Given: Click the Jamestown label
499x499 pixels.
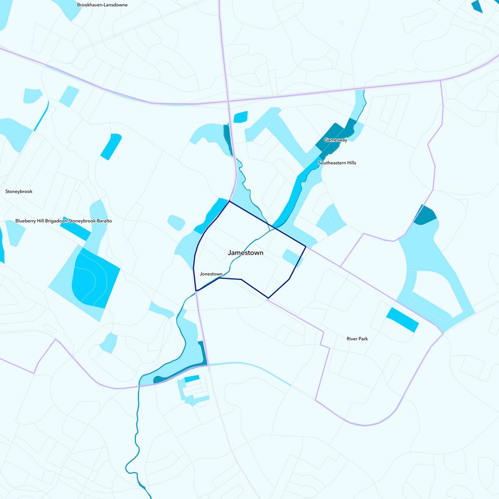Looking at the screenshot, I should tap(245, 253).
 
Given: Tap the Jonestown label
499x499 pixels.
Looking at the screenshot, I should tap(211, 274).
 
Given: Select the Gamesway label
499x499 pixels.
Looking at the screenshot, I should tap(335, 140).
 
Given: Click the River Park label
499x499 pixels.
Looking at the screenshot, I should tap(358, 339).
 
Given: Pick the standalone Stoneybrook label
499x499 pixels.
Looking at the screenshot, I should tap(18, 191).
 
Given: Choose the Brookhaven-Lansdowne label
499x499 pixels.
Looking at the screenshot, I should tap(102, 4).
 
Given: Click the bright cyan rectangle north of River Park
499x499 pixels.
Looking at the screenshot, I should tap(402, 319).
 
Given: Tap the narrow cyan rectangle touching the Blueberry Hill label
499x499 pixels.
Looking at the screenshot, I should tap(76, 230).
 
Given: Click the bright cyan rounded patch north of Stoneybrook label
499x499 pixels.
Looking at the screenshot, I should tap(111, 146).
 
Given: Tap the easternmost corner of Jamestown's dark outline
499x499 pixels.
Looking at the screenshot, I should tap(305, 247).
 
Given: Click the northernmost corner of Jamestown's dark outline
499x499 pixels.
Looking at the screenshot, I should tap(230, 201).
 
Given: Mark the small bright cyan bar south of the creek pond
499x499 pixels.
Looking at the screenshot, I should tap(191, 379).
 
